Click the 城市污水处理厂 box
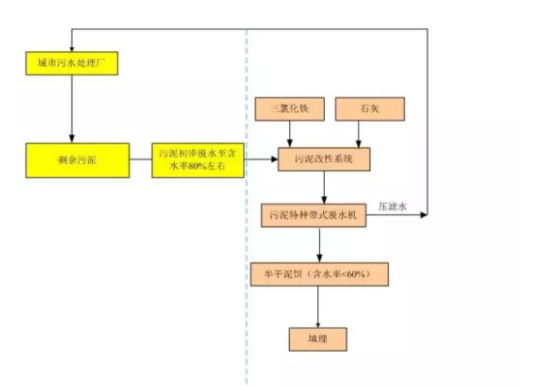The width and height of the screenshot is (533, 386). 72,62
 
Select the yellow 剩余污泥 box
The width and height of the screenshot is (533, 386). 77,158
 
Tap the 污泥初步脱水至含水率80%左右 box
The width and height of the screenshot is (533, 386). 197,158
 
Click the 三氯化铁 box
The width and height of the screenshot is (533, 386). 292,109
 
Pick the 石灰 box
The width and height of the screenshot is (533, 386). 357,109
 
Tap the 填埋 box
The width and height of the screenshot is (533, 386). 317,338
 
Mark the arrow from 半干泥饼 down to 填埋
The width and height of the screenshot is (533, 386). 317,307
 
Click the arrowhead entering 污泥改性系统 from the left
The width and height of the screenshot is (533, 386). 275,158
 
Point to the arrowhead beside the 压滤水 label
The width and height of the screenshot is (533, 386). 423,215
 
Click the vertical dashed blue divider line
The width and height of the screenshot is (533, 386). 246,256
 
